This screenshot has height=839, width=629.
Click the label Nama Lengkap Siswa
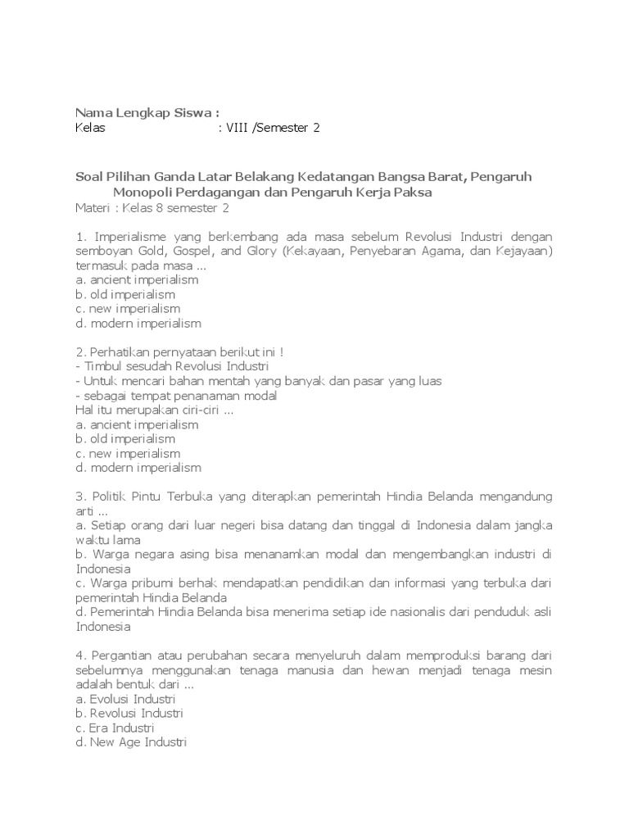(147, 112)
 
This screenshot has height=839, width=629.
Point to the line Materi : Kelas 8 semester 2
(152, 208)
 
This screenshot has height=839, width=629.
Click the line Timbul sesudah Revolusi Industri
(171, 366)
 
